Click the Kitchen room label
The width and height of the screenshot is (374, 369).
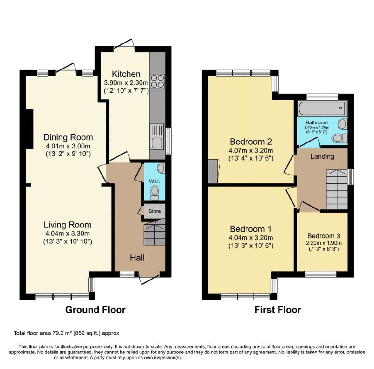coord(126,74)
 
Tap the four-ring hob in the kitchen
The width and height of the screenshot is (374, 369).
coord(157,81)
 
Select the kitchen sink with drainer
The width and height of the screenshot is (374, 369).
coord(157,136)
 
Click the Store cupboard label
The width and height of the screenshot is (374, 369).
coord(154,211)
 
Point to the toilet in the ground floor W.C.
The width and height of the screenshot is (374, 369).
coord(154,192)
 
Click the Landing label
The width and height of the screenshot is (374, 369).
coord(322,156)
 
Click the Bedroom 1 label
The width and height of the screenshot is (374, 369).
coord(251,229)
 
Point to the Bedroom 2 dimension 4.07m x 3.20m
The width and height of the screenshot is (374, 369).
coord(251,150)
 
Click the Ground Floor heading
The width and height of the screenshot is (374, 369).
coord(95,310)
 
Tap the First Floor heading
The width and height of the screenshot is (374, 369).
coord(278,310)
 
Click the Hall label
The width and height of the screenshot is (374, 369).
coord(137,258)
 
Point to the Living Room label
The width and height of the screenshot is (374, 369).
coord(68,225)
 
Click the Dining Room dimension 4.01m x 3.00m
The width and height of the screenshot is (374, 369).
coord(68,146)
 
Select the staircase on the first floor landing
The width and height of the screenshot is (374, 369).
coord(337,189)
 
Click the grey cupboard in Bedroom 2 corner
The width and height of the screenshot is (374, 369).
coord(213,171)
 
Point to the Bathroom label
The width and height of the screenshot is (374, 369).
coord(316,122)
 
